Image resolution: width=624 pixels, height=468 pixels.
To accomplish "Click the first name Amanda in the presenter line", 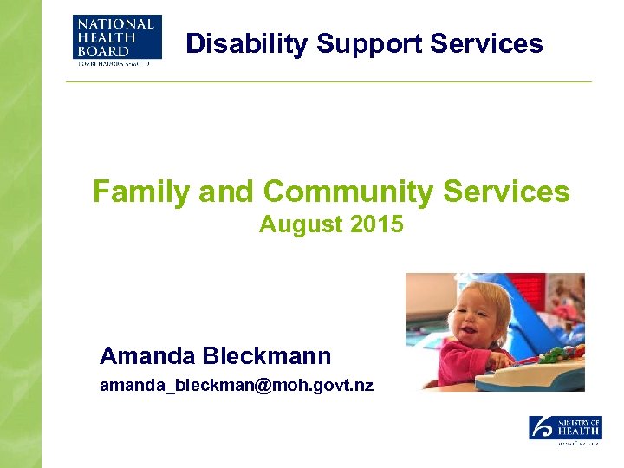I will pos(146,355).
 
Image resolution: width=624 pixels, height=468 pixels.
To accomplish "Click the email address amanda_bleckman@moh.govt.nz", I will pos(237,385).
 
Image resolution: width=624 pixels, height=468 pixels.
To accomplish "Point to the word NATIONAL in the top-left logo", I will pos(115,25).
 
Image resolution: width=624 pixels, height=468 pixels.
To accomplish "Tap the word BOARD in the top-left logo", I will pos(102,51).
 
